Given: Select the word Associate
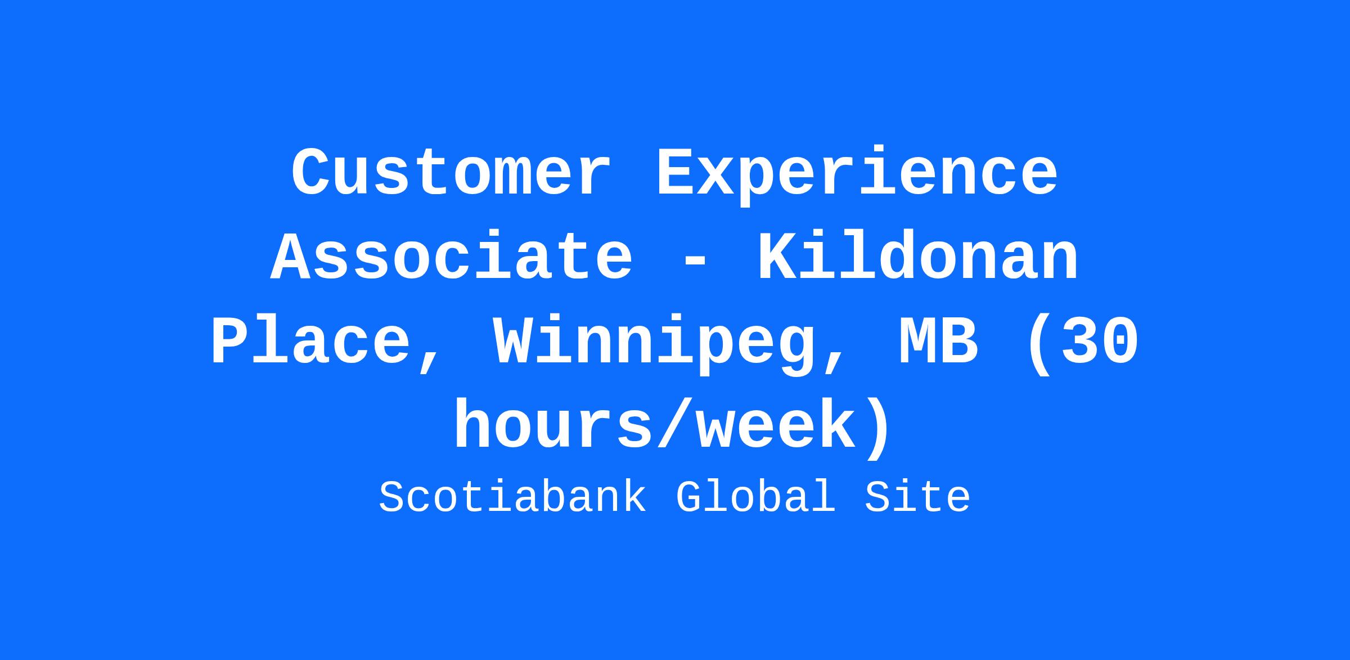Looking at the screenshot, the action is tap(452, 257).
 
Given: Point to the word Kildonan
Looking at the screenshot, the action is tap(918, 257).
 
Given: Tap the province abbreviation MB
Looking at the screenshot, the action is tap(938, 342).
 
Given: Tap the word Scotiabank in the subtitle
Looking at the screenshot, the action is tap(512, 497).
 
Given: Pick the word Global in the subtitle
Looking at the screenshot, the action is tap(755, 497).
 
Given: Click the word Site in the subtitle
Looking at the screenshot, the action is tap(917, 497).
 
